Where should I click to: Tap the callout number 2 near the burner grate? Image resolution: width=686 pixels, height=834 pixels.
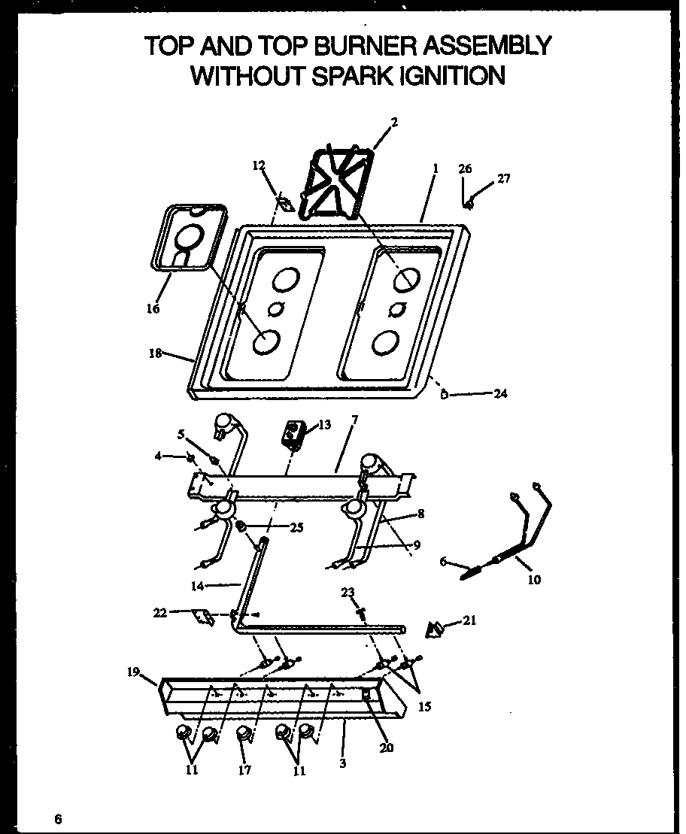394,122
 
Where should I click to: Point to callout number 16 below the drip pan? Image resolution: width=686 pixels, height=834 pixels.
153,308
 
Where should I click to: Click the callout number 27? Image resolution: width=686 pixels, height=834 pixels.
503,179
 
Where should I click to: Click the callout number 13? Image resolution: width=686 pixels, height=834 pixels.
324,425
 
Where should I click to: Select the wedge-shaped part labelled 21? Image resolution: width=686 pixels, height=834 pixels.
435,629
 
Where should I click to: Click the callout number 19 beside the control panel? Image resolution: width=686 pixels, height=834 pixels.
132,672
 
